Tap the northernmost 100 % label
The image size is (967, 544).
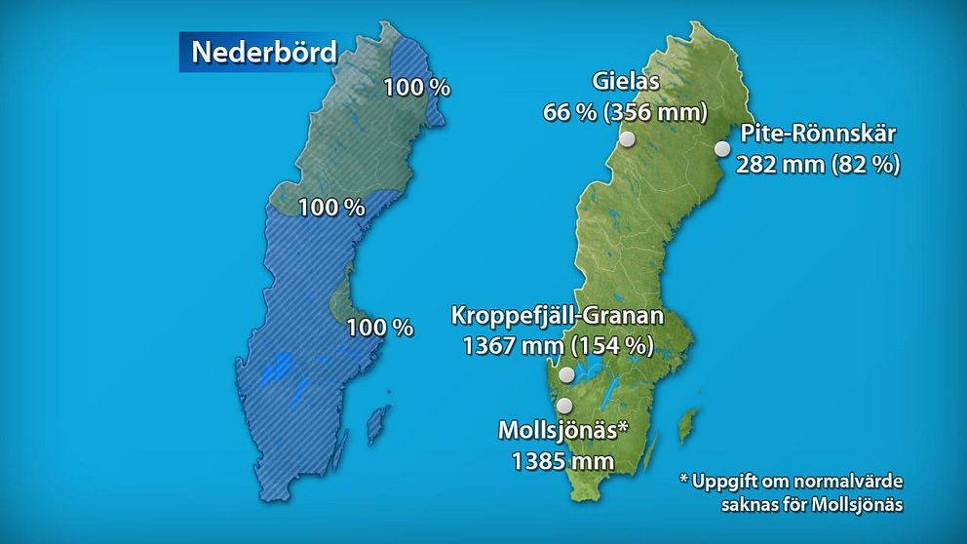click(416, 87)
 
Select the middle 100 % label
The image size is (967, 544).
click(330, 208)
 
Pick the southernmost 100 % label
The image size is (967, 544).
click(380, 328)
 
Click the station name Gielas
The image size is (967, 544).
click(625, 82)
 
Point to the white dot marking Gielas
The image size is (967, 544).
click(628, 139)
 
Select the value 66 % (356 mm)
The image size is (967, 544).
click(625, 112)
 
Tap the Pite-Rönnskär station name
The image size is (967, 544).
click(817, 134)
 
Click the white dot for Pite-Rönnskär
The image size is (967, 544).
click(722, 149)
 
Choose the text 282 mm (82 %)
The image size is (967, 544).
click(817, 164)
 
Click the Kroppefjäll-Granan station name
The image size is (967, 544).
click(557, 316)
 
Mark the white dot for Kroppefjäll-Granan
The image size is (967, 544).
click(566, 375)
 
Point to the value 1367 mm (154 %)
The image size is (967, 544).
click(557, 346)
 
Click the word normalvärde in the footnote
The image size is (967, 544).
click(843, 481)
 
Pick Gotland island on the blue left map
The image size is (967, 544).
click(372, 425)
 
